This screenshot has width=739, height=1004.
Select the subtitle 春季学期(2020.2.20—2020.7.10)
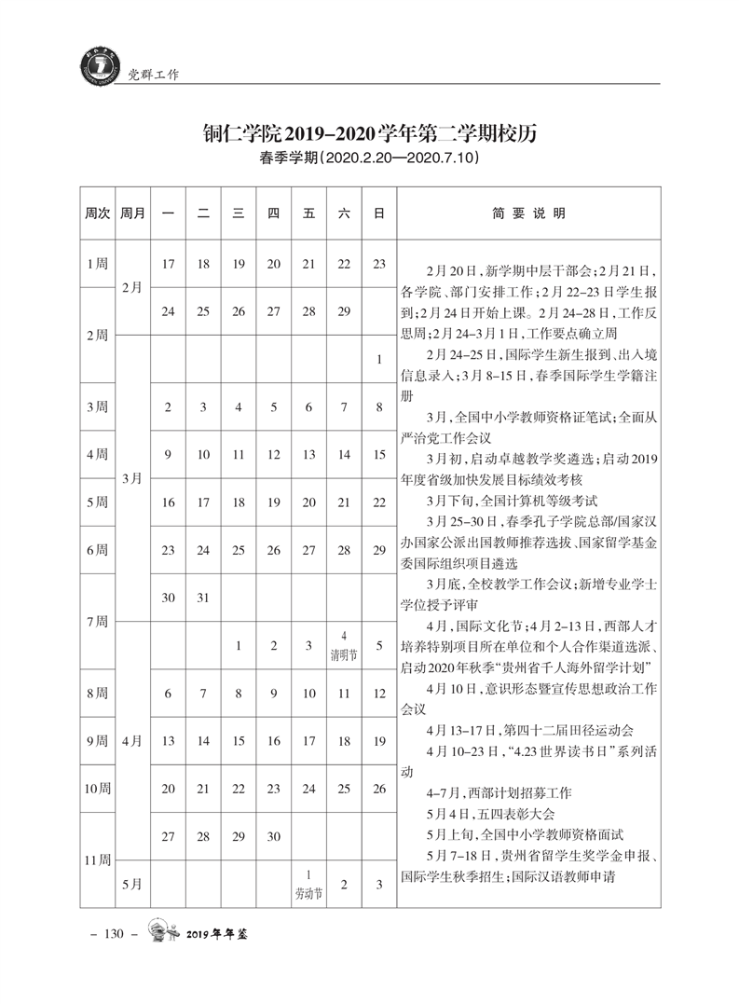tap(370, 159)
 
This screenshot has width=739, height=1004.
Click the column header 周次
tap(98, 213)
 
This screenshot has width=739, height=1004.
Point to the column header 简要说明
tap(528, 213)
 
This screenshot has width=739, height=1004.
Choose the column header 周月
tap(132, 213)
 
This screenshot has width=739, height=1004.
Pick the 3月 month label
tap(132, 477)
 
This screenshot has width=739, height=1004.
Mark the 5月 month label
tap(132, 884)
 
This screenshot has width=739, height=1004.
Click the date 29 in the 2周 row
tap(344, 311)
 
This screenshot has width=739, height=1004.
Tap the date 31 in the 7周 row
tap(203, 598)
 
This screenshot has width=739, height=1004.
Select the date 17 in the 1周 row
tap(169, 264)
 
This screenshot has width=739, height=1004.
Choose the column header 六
tap(344, 213)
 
